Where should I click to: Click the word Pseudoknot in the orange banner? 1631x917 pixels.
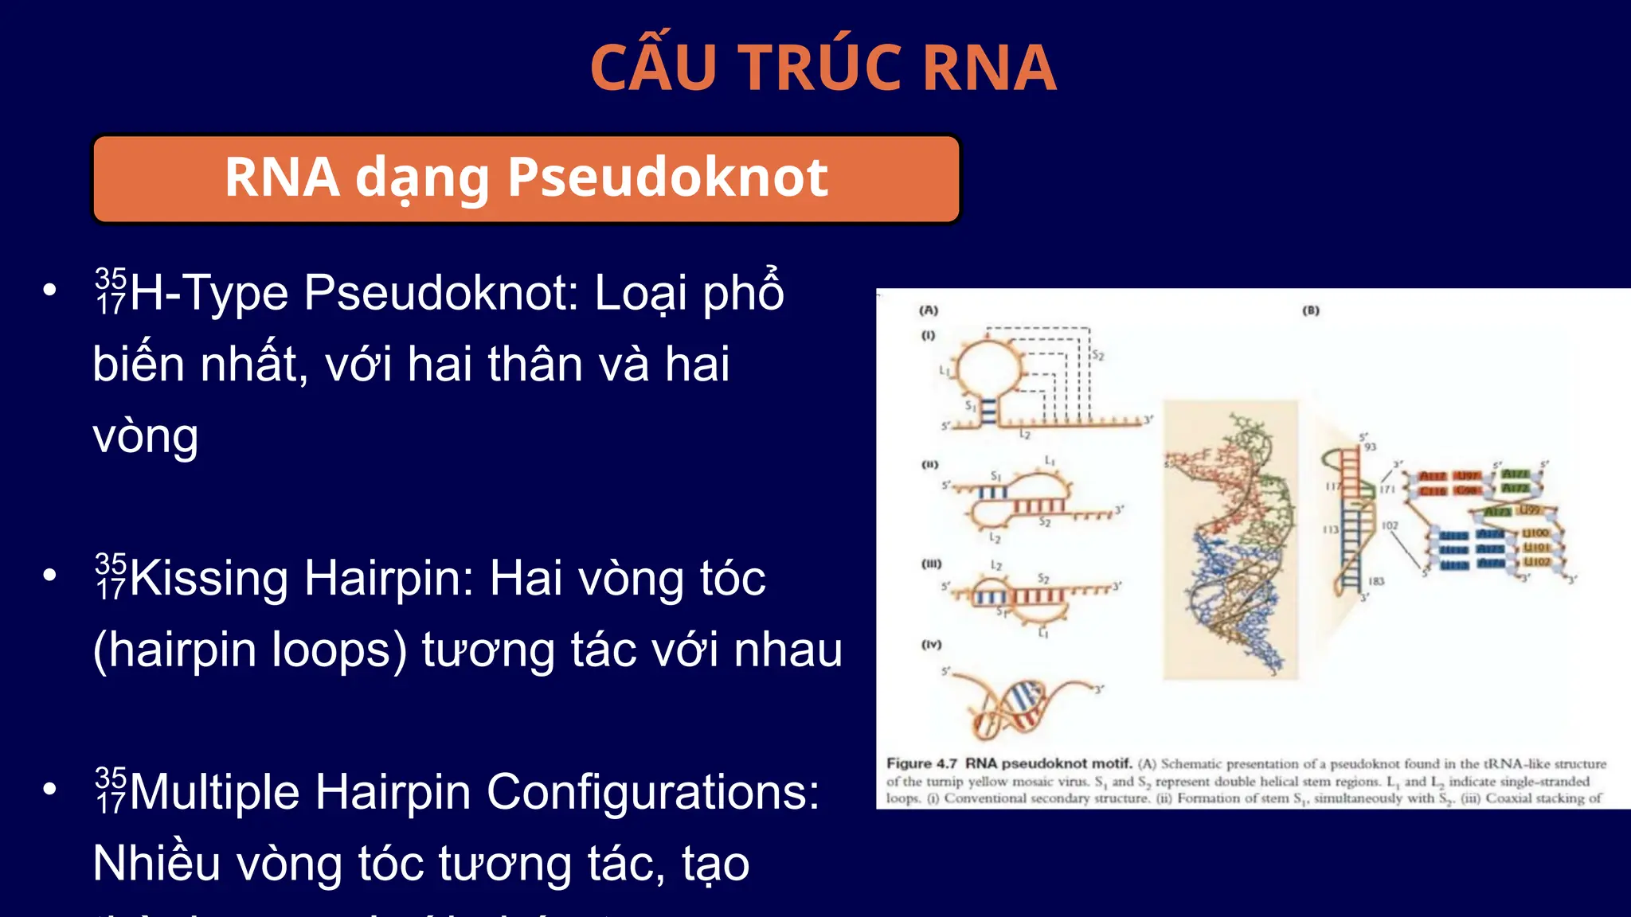coord(667,177)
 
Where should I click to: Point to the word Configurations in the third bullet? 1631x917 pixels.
coord(653,792)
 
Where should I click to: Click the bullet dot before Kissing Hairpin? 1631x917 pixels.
coord(50,575)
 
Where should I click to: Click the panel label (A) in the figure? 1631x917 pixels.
coord(929,310)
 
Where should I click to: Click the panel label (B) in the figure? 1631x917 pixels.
coord(1311,310)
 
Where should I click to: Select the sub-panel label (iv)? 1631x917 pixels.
coord(931,644)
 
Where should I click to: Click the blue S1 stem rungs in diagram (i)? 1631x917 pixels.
coord(988,410)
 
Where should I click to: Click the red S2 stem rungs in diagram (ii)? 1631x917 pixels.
coord(1038,506)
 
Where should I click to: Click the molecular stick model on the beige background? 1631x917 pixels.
coord(1230,541)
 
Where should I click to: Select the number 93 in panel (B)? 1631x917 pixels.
coord(1370,447)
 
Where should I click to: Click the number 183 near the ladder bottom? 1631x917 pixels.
coord(1376,581)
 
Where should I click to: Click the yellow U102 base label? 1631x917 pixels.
coord(1537,562)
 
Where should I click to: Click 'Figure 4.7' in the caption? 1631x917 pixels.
coord(921,763)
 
